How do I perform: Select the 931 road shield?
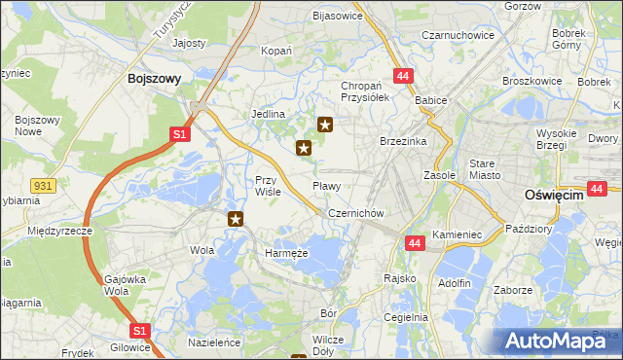[x=42, y=185]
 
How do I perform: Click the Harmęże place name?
[x=286, y=253]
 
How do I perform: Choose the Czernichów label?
[x=358, y=213]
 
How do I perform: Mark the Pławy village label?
[x=326, y=185]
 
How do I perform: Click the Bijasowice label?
[x=337, y=17]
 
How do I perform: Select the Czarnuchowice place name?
[x=458, y=35]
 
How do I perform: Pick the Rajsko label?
[x=400, y=278]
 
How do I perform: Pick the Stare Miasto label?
[x=484, y=168]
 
